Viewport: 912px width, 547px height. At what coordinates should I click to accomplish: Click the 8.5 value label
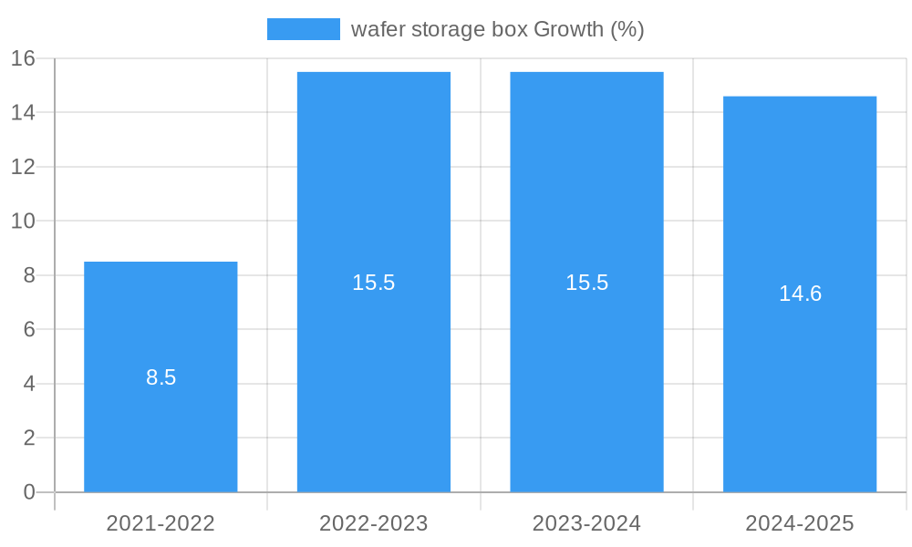161,377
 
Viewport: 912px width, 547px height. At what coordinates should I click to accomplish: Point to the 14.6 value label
800,294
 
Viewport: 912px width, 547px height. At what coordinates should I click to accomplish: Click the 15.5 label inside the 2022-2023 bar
374,283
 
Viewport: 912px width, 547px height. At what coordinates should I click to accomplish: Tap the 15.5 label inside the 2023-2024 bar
586,283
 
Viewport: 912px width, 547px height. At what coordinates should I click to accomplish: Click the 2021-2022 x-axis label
161,523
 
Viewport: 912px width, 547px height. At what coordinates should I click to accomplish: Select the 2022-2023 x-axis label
374,523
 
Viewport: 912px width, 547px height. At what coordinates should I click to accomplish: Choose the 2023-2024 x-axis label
586,523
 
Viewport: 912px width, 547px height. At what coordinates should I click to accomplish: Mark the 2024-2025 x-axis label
800,523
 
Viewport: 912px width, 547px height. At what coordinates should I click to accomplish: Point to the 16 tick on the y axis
23,58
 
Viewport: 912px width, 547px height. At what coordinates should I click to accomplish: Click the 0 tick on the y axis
28,492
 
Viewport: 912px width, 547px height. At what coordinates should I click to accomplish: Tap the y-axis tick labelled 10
23,221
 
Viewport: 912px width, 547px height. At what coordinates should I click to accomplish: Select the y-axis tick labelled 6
28,329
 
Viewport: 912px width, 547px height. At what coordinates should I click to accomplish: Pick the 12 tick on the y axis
23,167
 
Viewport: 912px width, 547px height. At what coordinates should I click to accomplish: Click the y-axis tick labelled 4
28,384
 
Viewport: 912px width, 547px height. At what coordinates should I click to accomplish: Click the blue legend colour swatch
303,29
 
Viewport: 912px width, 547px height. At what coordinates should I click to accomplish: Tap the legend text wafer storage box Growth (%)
497,29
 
